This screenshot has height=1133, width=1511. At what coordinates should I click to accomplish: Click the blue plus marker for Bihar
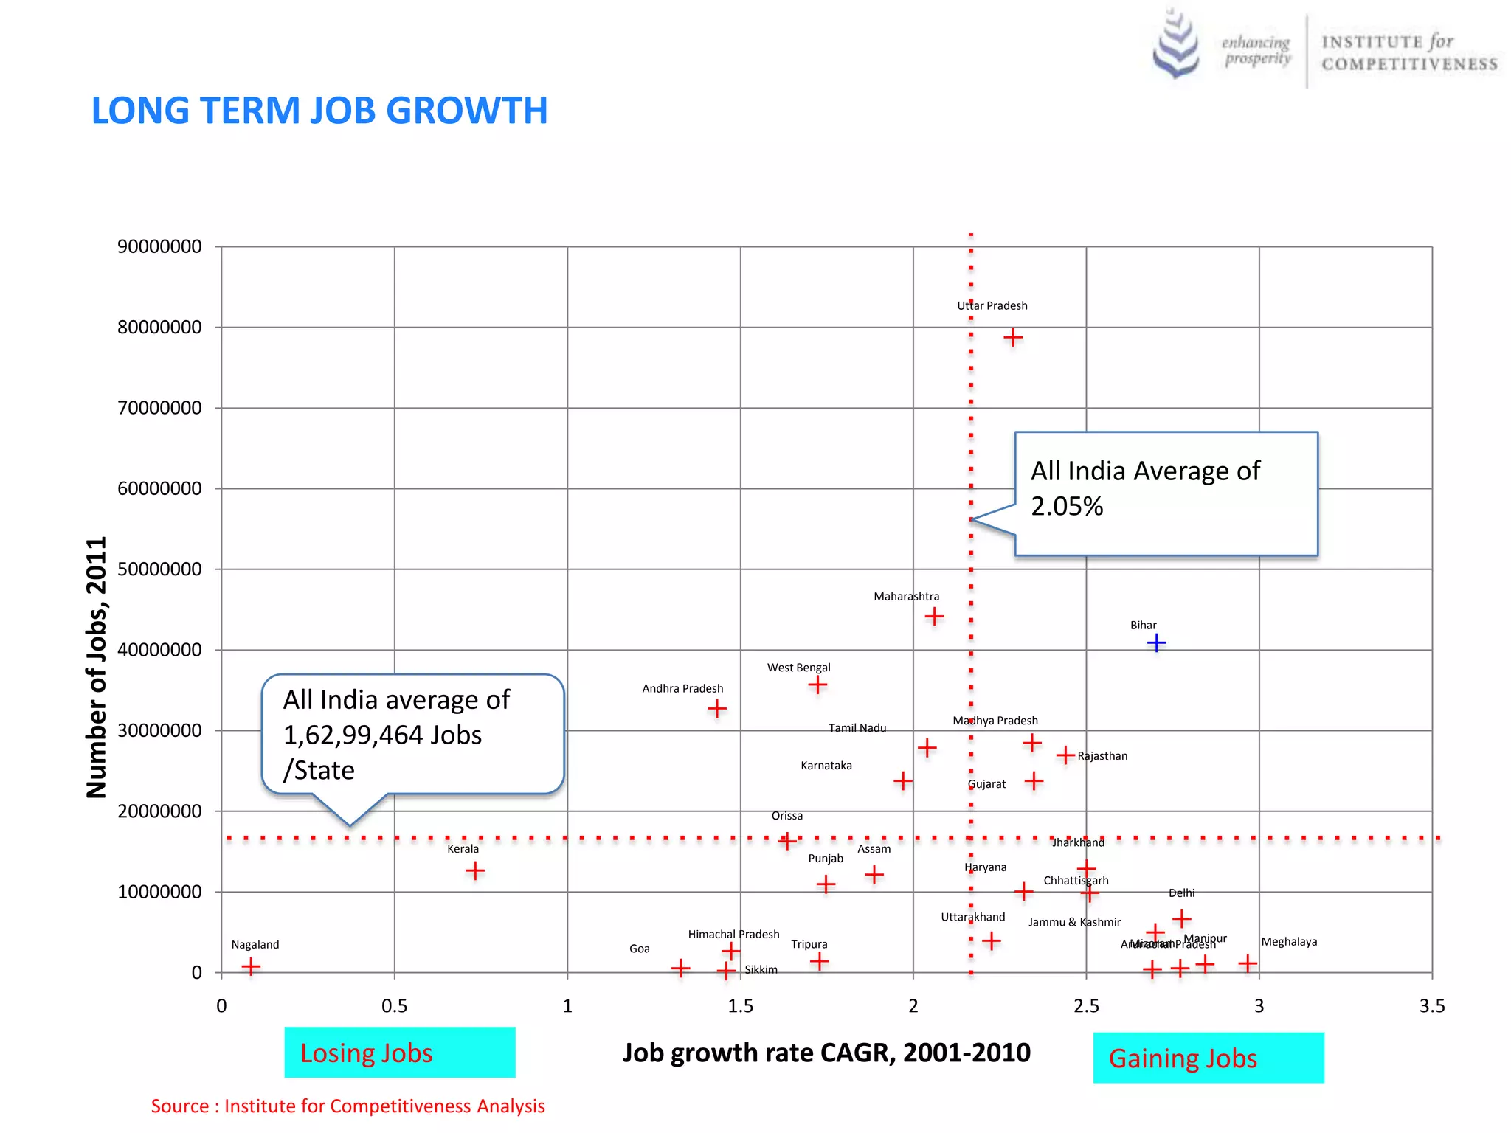[1156, 643]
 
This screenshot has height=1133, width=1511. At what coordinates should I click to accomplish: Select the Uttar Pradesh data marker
[1013, 338]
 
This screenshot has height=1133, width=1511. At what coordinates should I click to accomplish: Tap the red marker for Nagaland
[251, 966]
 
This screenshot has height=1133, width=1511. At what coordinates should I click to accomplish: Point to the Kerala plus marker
[475, 871]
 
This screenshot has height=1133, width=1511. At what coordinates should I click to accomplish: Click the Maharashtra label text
[906, 596]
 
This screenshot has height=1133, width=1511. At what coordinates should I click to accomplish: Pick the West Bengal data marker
[817, 685]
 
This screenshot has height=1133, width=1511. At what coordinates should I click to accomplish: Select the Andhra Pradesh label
[682, 688]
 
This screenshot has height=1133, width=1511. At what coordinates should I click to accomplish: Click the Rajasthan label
[1102, 756]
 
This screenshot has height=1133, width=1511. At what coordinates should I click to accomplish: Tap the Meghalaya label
[1289, 942]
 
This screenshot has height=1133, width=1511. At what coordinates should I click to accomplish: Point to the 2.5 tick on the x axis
[1086, 1006]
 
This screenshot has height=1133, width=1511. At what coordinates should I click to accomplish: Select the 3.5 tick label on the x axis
[1431, 1006]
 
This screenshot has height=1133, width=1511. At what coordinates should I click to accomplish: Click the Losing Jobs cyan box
[400, 1053]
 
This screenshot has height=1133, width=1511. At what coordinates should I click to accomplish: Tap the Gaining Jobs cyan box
[1208, 1058]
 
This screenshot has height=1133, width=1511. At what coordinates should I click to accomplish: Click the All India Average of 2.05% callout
[1166, 493]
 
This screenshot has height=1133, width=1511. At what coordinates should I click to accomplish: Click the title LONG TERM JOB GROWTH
[319, 111]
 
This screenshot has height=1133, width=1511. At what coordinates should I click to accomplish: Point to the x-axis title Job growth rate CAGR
[826, 1053]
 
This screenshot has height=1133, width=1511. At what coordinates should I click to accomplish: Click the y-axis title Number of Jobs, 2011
[97, 668]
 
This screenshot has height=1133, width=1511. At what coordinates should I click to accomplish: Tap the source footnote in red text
[348, 1106]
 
